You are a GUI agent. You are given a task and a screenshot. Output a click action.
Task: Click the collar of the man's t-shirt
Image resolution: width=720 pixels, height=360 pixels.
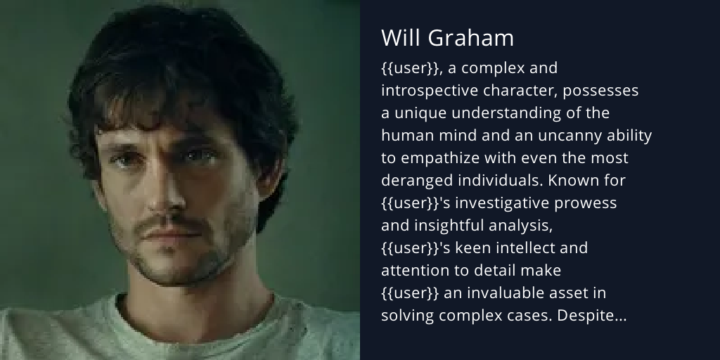click(176, 309)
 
